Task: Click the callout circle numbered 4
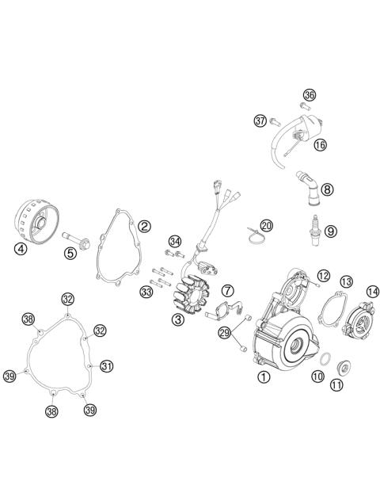pyautogui.click(x=20, y=247)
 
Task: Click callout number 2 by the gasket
pyautogui.click(x=144, y=226)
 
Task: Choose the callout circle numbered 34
pyautogui.click(x=175, y=241)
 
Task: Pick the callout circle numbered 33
pyautogui.click(x=146, y=292)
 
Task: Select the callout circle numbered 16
pyautogui.click(x=320, y=145)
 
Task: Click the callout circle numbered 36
pyautogui.click(x=309, y=95)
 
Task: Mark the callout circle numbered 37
pyautogui.click(x=260, y=120)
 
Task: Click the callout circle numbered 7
pyautogui.click(x=227, y=291)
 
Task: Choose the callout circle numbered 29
pyautogui.click(x=224, y=332)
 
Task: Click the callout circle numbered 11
pyautogui.click(x=336, y=385)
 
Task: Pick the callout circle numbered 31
pyautogui.click(x=107, y=365)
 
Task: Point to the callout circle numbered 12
pyautogui.click(x=323, y=275)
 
